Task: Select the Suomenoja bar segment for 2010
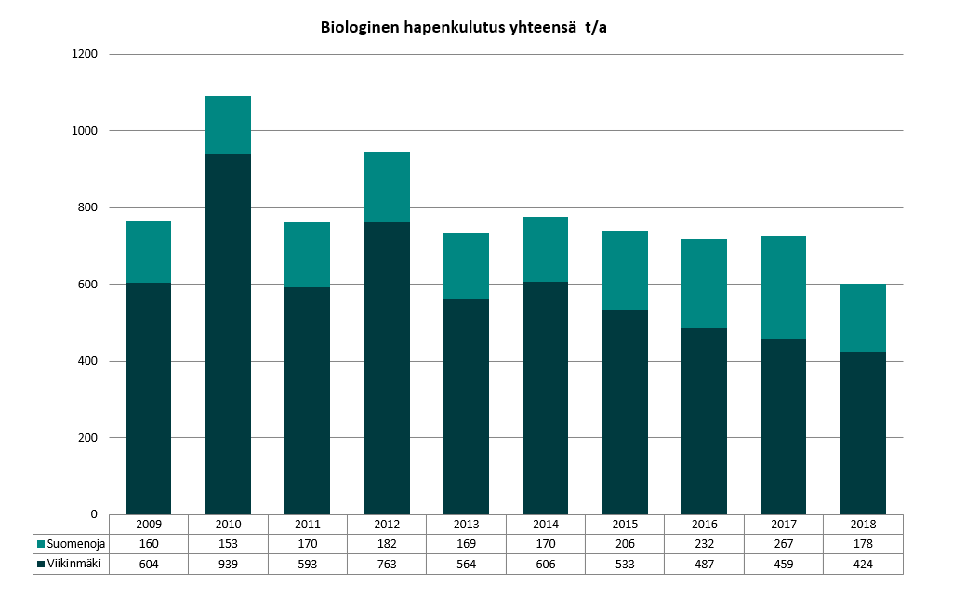228,125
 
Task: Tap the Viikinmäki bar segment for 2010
228,334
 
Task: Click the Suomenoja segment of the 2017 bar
784,286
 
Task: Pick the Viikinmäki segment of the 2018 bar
863,432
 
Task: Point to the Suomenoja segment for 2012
387,186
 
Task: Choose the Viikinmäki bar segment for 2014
546,397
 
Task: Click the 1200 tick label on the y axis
85,54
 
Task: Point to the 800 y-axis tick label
87,207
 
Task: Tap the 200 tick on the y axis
87,437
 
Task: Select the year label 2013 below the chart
466,524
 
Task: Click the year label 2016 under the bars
704,524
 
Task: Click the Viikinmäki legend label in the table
73,564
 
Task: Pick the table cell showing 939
228,564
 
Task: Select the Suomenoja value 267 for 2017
784,544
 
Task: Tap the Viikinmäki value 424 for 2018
863,564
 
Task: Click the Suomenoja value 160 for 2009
149,544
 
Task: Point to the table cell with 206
625,544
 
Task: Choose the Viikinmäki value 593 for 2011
307,564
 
